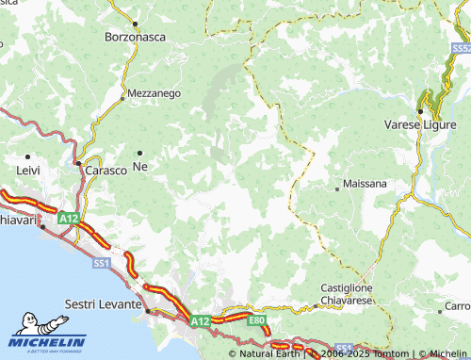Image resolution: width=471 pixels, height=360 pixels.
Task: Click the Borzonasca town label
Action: [135, 40]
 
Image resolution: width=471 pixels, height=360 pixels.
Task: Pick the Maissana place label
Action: [365, 184]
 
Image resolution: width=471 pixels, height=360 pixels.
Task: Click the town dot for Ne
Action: [140, 153]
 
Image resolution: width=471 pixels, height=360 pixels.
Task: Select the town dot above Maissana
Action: [337, 188]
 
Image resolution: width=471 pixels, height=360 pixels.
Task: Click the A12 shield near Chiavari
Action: [67, 218]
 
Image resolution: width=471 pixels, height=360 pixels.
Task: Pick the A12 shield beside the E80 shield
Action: [200, 321]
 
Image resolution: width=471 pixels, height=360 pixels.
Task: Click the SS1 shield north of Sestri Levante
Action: [102, 262]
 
